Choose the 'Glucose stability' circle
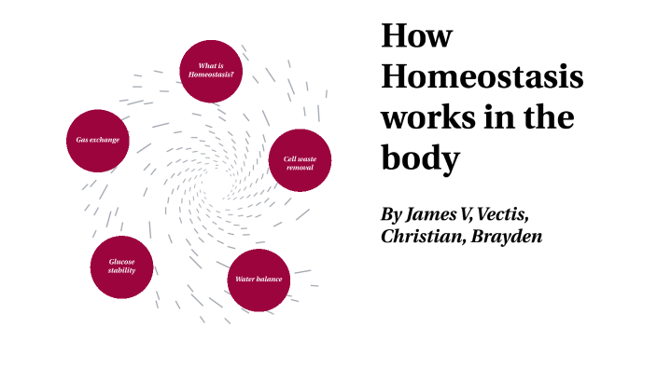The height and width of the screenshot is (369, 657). (x=121, y=267)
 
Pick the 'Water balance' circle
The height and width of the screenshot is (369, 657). (x=259, y=280)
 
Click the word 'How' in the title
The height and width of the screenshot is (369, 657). (x=416, y=37)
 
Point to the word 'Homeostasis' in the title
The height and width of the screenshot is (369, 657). (x=482, y=78)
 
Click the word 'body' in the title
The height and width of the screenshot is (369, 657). (x=420, y=159)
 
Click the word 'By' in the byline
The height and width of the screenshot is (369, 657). (x=392, y=214)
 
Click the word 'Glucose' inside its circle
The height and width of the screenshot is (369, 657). (x=122, y=263)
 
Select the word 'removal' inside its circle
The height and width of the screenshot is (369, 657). (x=300, y=168)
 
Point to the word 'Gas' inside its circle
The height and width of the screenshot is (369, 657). (x=81, y=140)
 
